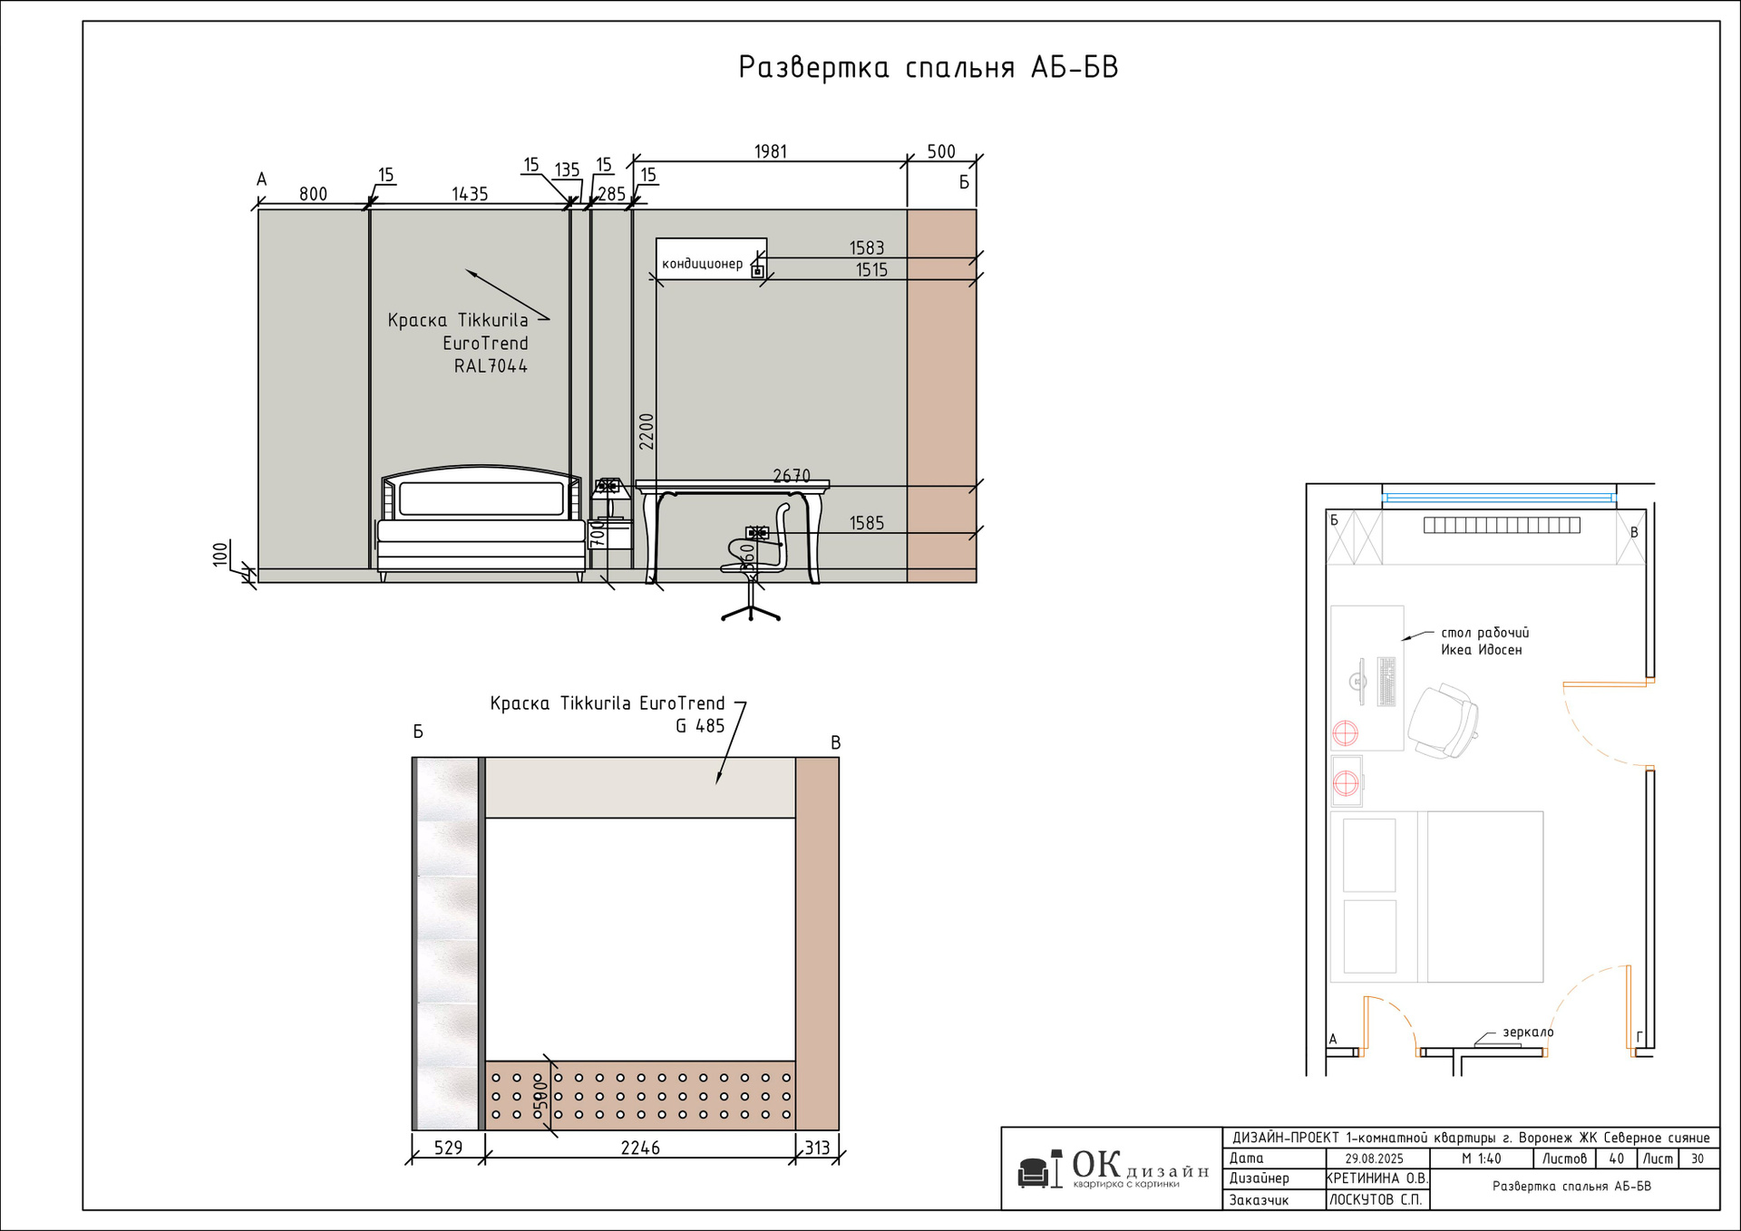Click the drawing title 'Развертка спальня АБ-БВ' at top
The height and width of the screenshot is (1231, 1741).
tap(928, 67)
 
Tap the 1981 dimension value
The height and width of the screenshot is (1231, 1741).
tap(771, 151)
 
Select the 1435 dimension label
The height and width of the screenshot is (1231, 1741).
tap(470, 194)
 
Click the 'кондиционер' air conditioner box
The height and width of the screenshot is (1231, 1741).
tap(711, 258)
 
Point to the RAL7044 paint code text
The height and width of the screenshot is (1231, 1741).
tap(491, 366)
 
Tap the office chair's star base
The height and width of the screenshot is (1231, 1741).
tap(751, 612)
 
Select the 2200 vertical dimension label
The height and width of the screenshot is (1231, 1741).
tap(647, 431)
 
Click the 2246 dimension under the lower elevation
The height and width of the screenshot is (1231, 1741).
tap(640, 1148)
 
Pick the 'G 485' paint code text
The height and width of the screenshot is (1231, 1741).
tap(700, 726)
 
